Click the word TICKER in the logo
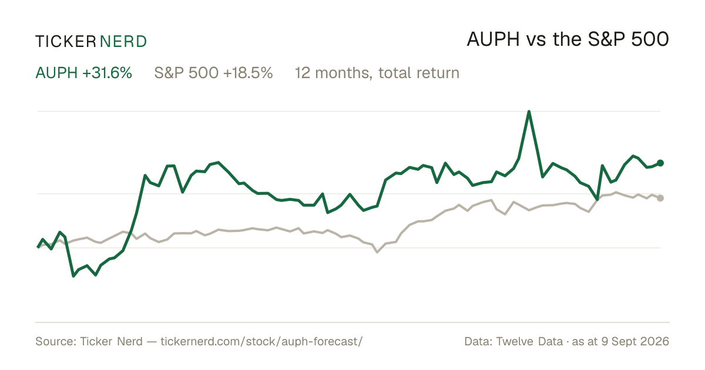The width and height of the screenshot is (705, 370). point(65,42)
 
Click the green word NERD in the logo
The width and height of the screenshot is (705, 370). point(123,42)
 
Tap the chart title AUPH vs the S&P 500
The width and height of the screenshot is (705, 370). point(568,40)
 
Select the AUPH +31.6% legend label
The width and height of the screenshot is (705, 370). point(83,73)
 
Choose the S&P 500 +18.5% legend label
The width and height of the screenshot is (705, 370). point(213,73)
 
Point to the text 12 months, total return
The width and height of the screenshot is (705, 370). point(377,73)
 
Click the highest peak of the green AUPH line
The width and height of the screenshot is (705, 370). point(529,112)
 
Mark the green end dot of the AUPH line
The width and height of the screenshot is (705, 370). point(660,163)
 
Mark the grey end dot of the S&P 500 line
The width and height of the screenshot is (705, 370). point(660,198)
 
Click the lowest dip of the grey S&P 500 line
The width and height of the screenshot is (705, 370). point(377,252)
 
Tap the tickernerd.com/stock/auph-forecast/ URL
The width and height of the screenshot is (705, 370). point(261,341)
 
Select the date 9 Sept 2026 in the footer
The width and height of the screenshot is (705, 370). point(635,341)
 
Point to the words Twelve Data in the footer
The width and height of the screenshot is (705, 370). point(529,341)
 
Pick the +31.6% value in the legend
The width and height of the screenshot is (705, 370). point(107,73)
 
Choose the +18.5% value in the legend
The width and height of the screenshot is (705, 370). point(248,73)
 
